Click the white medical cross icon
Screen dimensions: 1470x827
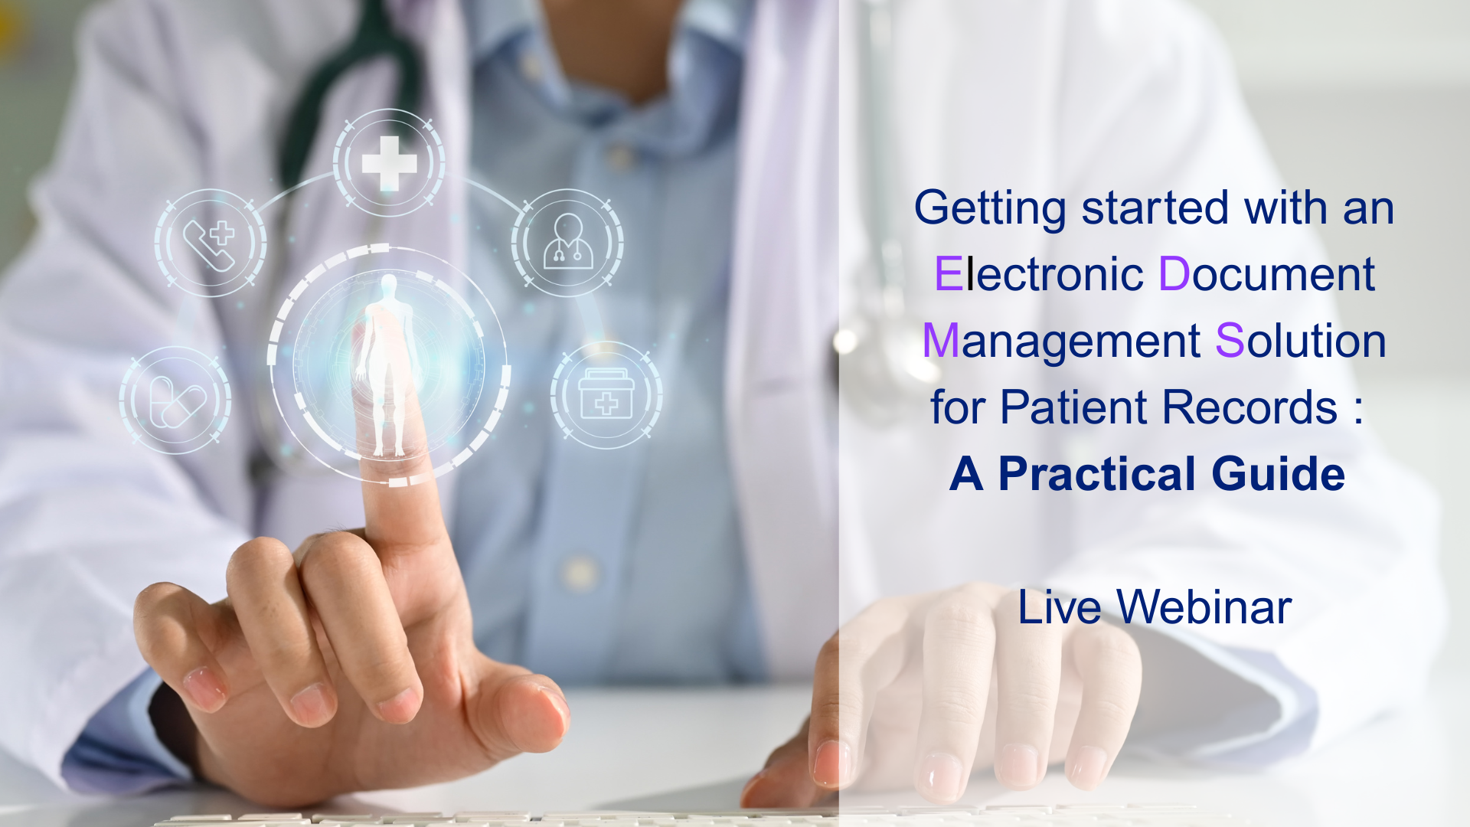click(390, 163)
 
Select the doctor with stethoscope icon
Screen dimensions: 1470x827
click(567, 241)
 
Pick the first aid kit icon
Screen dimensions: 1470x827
click(606, 394)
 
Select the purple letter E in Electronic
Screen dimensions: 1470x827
click(948, 274)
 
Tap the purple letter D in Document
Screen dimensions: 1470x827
click(1174, 274)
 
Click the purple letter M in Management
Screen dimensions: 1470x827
click(941, 341)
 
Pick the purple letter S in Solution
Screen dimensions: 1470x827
click(1230, 341)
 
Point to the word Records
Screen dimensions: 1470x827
click(1250, 407)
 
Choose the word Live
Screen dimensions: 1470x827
click(1060, 608)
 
